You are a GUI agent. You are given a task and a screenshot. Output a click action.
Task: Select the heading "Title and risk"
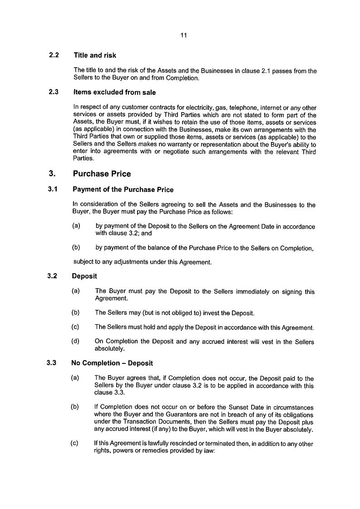(94, 55)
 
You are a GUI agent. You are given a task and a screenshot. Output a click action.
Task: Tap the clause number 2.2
(54, 55)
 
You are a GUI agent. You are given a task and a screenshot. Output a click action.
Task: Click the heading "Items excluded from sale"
(114, 93)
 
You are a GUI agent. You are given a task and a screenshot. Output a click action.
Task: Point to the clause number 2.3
(54, 93)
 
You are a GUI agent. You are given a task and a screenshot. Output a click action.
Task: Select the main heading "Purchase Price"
(102, 174)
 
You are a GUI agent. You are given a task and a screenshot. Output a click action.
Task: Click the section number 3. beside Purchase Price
(52, 174)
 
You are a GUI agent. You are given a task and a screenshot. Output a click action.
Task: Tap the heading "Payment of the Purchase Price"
(123, 190)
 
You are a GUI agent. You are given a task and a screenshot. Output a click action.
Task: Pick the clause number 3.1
(53, 190)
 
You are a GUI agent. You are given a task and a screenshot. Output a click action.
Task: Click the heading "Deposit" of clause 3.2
(84, 276)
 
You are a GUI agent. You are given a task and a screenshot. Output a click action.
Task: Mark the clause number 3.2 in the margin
(52, 276)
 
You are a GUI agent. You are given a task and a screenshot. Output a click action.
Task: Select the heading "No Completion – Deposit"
(112, 363)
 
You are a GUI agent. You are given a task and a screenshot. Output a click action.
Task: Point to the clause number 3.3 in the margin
(52, 363)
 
